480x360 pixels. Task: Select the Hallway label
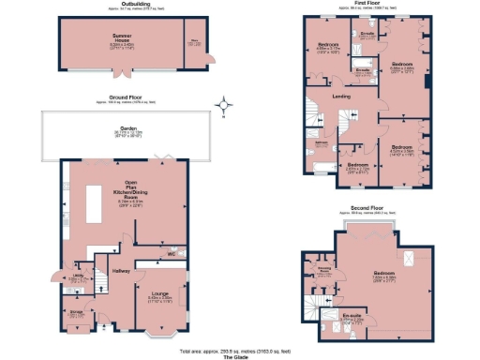[121, 270]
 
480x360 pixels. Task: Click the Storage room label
[78, 312]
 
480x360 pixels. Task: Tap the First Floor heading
[363, 4]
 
